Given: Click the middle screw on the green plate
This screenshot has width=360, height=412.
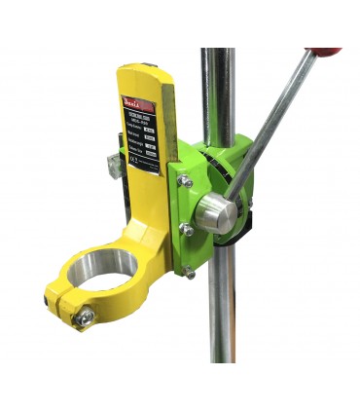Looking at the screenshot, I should [183, 229].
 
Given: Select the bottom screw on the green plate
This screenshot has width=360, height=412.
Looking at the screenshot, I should [190, 273].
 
